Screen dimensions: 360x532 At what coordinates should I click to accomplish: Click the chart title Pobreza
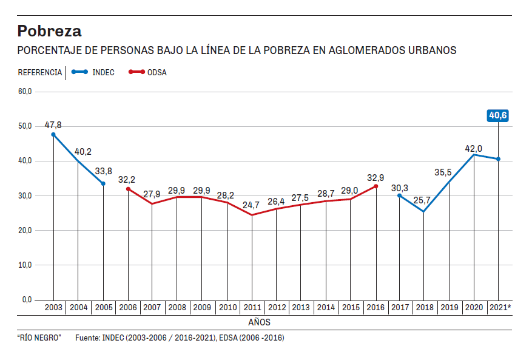(x=49, y=30)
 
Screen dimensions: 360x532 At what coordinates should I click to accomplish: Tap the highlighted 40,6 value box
(x=498, y=115)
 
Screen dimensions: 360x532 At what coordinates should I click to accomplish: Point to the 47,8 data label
(x=53, y=125)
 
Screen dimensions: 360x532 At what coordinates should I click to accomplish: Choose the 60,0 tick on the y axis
(x=25, y=92)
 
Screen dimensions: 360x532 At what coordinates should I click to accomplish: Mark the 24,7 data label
(x=251, y=205)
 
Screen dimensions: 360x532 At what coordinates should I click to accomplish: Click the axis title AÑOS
(x=260, y=322)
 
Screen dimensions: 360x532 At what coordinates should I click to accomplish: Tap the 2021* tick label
(x=499, y=308)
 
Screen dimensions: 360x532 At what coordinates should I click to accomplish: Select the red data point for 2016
(x=376, y=186)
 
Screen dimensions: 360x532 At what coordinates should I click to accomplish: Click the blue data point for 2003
(x=53, y=135)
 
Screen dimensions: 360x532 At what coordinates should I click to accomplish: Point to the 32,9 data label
(x=376, y=177)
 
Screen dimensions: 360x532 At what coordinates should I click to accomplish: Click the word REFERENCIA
(x=39, y=73)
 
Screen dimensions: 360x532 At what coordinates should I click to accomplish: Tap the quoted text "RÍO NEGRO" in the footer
(x=39, y=338)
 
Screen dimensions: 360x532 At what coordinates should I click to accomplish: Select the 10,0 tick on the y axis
(x=25, y=265)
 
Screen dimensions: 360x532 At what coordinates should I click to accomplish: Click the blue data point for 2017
(x=400, y=195)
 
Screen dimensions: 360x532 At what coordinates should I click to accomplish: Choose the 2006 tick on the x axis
(x=127, y=308)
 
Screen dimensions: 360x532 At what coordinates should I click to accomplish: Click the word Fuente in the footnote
(x=87, y=338)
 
